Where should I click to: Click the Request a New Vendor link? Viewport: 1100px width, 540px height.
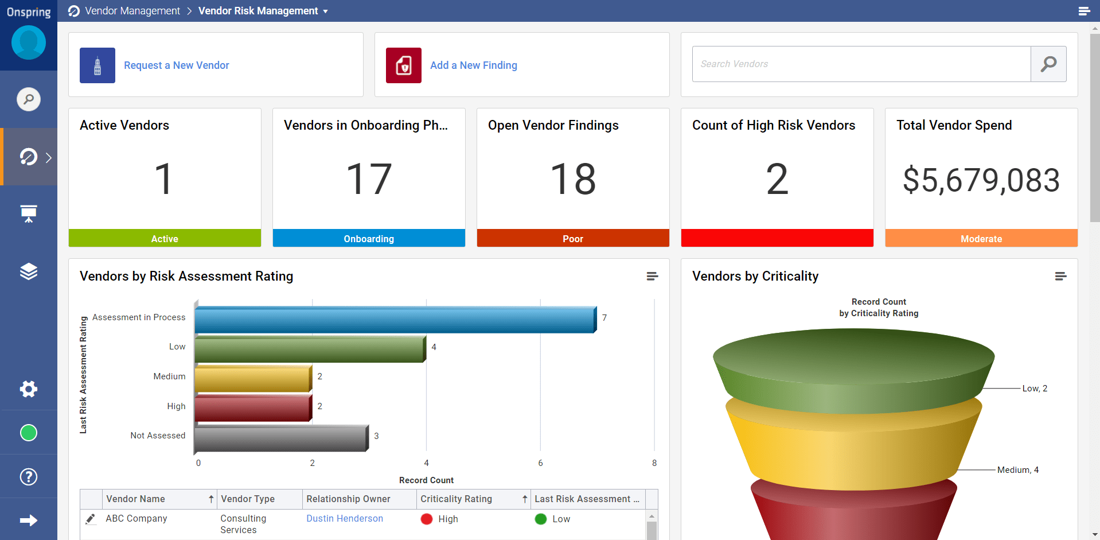click(x=176, y=65)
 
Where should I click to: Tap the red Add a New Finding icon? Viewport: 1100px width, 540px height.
click(x=403, y=65)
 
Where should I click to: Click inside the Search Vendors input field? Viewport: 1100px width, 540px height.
click(x=860, y=64)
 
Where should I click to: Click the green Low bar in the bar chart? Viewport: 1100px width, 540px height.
click(x=309, y=349)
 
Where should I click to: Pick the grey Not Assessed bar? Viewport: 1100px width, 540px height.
click(x=280, y=438)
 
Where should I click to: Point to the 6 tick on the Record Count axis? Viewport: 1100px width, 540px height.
click(x=540, y=463)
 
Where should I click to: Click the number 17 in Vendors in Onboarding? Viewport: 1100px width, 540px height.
click(x=369, y=179)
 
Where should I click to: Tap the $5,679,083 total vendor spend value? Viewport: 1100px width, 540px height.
click(x=981, y=180)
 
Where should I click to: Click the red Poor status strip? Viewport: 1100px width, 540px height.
click(x=572, y=239)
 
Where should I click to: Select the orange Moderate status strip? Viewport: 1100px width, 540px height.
click(x=981, y=239)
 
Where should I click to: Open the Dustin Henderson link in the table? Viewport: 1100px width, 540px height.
click(x=344, y=519)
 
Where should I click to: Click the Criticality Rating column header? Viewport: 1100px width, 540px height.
click(x=456, y=499)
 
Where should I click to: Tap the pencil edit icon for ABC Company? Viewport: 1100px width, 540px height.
click(x=91, y=519)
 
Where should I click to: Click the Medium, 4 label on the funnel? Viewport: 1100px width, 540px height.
click(x=1017, y=470)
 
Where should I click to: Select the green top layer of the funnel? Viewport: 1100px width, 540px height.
click(x=853, y=362)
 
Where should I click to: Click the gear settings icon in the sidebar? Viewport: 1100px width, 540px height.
click(x=29, y=389)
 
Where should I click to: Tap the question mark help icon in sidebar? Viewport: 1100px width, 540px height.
click(x=29, y=477)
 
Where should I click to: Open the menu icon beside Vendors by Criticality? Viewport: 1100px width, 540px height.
click(x=1060, y=277)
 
